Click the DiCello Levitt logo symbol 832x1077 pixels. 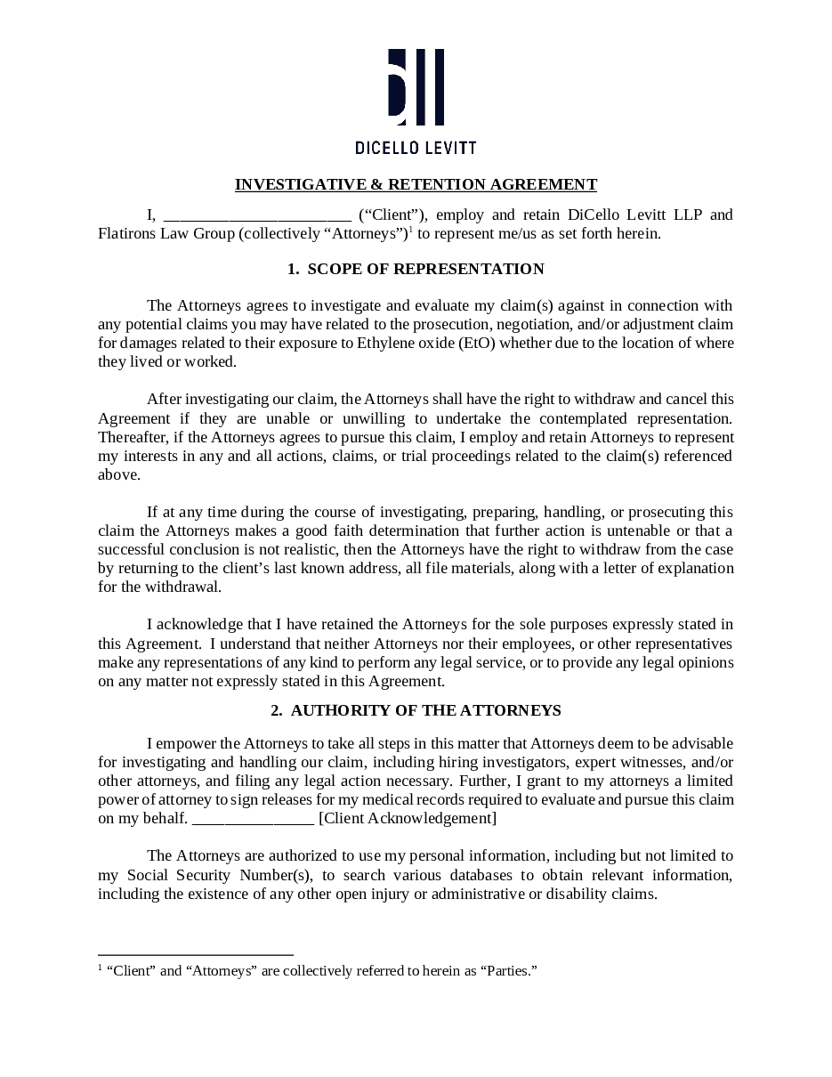pos(416,87)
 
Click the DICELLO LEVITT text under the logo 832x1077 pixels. pos(416,147)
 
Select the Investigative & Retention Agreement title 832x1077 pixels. pos(416,184)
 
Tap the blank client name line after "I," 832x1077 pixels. pos(258,216)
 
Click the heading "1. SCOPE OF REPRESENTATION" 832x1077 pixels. pos(416,269)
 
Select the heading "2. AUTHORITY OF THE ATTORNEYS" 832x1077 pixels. pos(416,710)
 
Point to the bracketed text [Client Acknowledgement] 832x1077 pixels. pos(408,819)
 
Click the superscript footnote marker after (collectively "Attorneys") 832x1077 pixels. pos(410,230)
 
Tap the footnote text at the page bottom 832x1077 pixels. pos(318,970)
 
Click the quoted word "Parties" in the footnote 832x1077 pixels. pos(508,970)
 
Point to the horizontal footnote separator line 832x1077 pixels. pos(196,954)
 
